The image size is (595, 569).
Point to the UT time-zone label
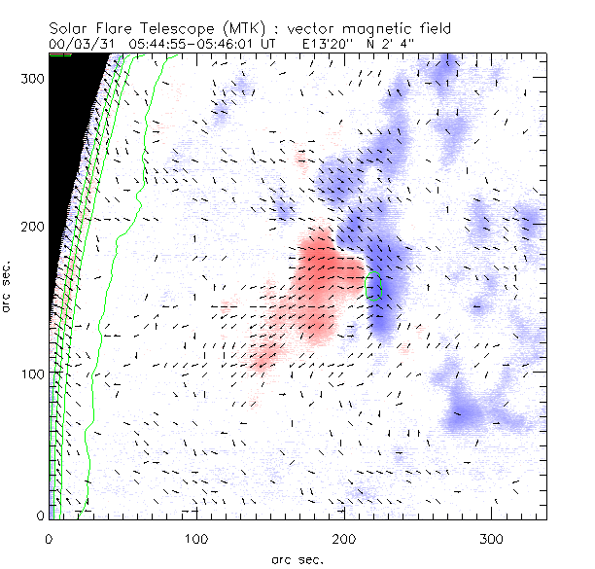tap(269, 44)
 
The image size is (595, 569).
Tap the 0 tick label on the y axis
tap(40, 514)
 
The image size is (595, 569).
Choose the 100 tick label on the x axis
tap(197, 538)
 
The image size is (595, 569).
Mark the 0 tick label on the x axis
tap(50, 538)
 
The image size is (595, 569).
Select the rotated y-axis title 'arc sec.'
tap(10, 287)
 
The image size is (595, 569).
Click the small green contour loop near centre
tap(372, 286)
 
